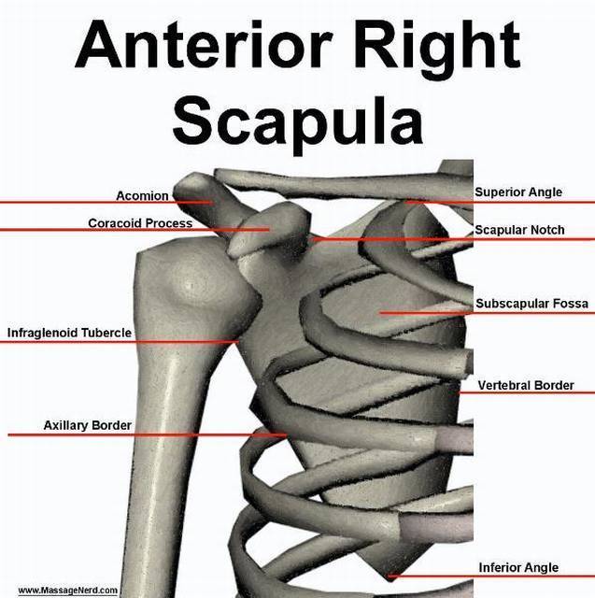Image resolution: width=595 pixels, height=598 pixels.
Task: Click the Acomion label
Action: point(142,195)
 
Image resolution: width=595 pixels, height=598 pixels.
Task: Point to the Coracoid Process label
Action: point(140,222)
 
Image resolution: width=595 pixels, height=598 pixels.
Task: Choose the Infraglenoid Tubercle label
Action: point(69,333)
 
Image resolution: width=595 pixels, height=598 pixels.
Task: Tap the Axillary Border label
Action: point(87,425)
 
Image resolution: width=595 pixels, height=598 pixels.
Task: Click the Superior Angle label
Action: point(518,192)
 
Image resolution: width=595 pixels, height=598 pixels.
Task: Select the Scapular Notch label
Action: point(519,230)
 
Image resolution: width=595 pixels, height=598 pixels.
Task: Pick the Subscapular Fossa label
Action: point(531,303)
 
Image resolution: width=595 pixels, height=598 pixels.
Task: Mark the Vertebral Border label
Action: point(526,385)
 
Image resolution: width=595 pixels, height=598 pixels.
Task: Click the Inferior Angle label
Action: point(518,567)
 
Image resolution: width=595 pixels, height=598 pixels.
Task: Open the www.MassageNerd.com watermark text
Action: point(68,590)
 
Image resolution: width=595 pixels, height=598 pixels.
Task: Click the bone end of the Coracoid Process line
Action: point(269,229)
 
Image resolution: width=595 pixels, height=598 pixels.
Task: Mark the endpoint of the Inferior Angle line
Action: point(388,576)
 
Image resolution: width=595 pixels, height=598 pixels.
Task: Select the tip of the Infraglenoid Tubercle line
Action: point(238,342)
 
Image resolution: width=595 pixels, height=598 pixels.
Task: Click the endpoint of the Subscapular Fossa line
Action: point(380,313)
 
